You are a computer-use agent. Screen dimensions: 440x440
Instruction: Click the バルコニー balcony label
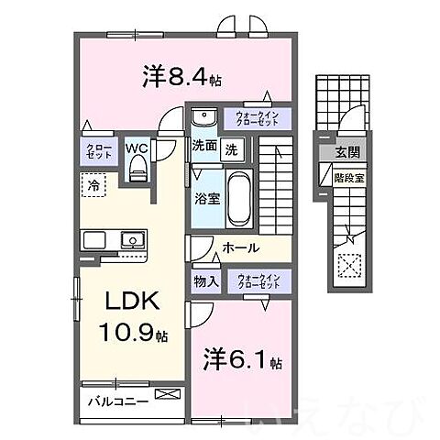(118, 400)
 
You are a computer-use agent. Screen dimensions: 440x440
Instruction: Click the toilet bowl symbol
(138, 168)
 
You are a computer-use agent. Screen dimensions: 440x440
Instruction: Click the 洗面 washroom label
(203, 147)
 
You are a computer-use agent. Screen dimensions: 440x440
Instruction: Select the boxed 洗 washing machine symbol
(233, 147)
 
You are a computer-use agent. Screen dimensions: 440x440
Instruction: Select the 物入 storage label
(205, 281)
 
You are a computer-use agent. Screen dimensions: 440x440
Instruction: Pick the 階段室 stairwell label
(348, 177)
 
